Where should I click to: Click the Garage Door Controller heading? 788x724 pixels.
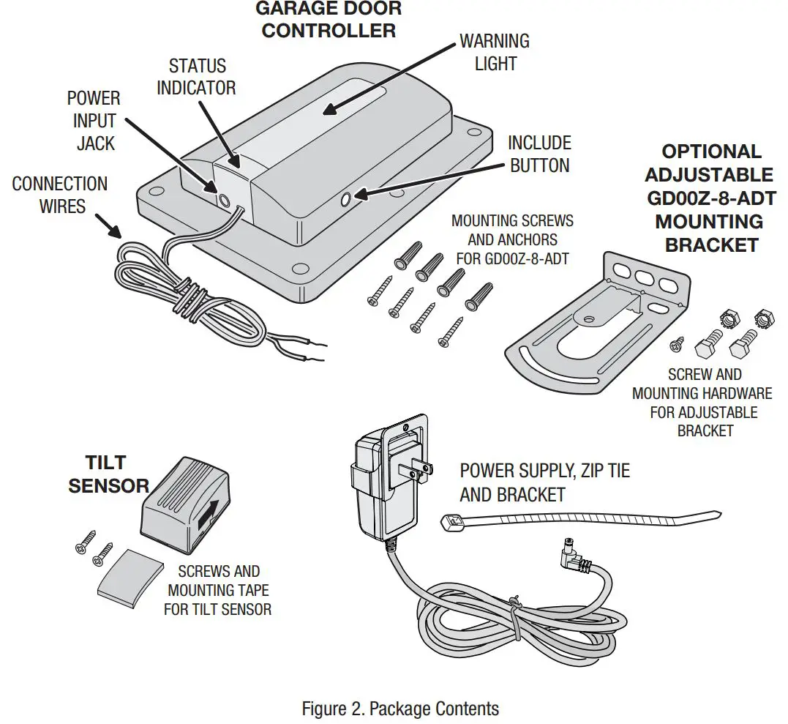(328, 20)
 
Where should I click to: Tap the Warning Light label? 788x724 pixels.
(495, 52)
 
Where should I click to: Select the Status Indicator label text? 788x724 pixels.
(196, 77)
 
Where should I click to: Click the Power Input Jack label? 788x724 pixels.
(94, 120)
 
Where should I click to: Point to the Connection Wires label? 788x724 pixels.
(60, 195)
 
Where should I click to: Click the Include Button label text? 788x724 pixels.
(539, 154)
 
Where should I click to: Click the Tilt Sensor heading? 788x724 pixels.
(108, 474)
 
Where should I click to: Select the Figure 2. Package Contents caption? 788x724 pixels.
(400, 709)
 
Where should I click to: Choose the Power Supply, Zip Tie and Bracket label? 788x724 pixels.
(544, 482)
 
